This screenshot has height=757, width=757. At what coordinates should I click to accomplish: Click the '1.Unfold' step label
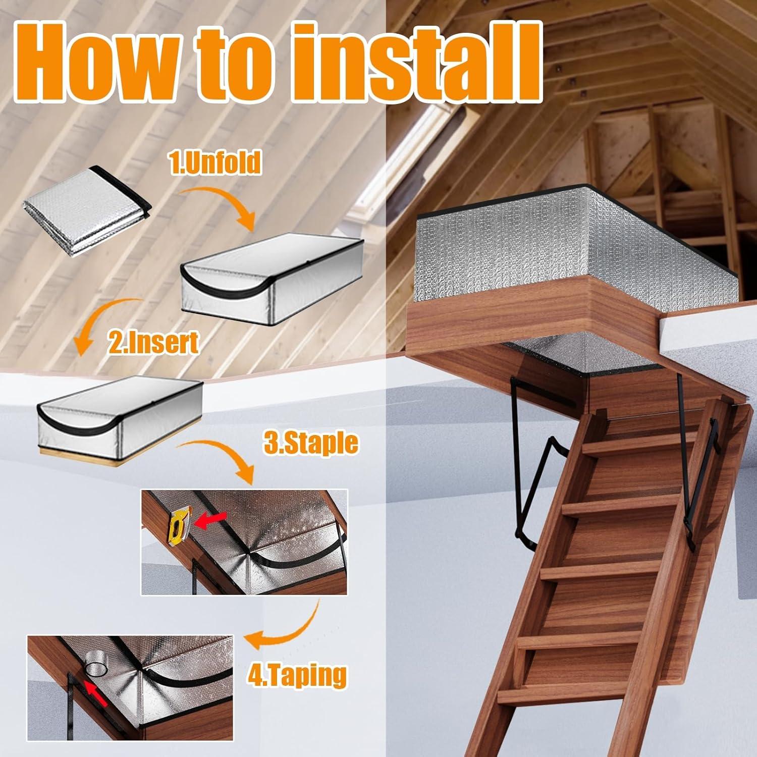[215, 163]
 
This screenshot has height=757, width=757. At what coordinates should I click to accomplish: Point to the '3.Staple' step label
[311, 443]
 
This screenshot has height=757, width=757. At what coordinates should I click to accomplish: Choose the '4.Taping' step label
[297, 675]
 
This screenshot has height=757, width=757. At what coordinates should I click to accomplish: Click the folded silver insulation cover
[86, 209]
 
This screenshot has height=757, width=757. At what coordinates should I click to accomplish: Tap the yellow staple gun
[177, 523]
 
